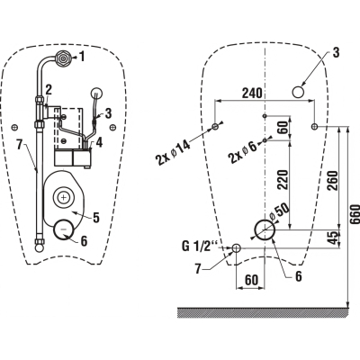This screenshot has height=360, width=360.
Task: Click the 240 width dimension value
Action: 252,94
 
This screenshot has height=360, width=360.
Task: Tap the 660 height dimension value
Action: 355,214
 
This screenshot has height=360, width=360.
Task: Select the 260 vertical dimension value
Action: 333,180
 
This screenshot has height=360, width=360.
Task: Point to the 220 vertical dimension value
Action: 283,179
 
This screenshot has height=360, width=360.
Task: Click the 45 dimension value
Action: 333,238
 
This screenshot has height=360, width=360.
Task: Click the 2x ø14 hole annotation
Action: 173,153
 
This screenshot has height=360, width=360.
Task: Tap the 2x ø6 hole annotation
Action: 243,152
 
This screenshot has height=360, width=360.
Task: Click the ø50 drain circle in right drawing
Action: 265,229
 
